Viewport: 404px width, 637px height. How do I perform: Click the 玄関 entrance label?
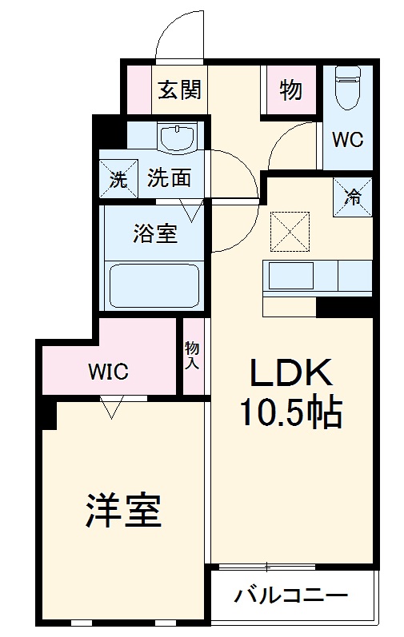[178, 90]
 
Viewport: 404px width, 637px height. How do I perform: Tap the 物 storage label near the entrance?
[290, 90]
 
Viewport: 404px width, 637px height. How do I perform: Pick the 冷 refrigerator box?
[353, 194]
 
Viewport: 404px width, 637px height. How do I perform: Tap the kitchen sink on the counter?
[291, 277]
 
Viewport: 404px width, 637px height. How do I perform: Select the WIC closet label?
[108, 371]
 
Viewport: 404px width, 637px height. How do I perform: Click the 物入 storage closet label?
[192, 356]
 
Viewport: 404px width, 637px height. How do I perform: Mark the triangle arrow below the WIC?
[111, 409]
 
